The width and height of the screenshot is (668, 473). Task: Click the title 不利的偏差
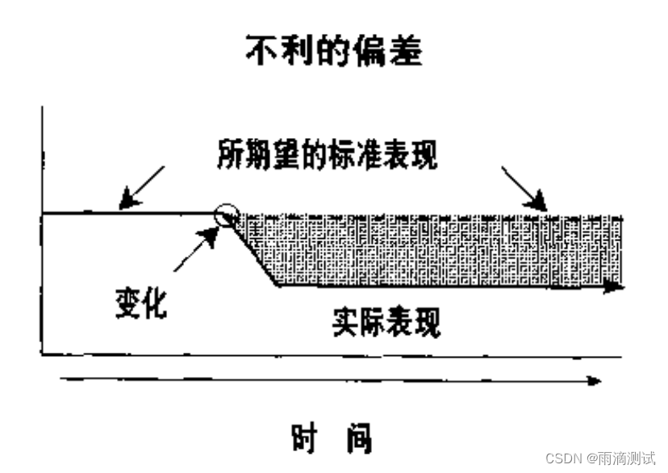pyautogui.click(x=333, y=50)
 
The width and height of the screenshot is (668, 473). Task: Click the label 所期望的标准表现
pyautogui.click(x=327, y=154)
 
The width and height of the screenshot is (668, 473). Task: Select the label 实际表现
pyautogui.click(x=386, y=323)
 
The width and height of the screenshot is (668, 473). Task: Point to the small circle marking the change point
pyautogui.click(x=227, y=214)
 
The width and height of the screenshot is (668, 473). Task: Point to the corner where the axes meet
pyautogui.click(x=41, y=354)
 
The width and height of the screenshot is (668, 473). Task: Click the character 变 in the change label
pyautogui.click(x=127, y=303)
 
